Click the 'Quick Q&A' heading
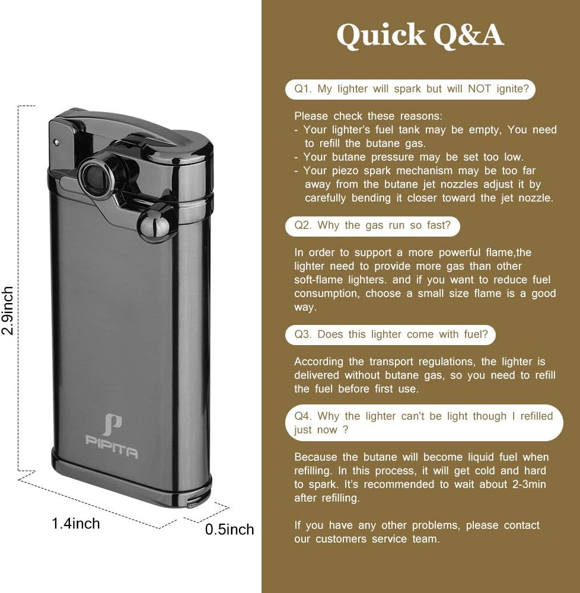click(x=420, y=36)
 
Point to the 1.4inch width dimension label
click(x=76, y=523)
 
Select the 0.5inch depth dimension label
click(x=229, y=529)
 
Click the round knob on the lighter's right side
click(x=154, y=222)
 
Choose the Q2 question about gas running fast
click(x=372, y=225)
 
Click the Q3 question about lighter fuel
click(x=391, y=334)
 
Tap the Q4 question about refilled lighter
click(x=423, y=422)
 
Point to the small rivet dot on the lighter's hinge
click(x=56, y=142)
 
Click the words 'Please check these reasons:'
click(x=368, y=116)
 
